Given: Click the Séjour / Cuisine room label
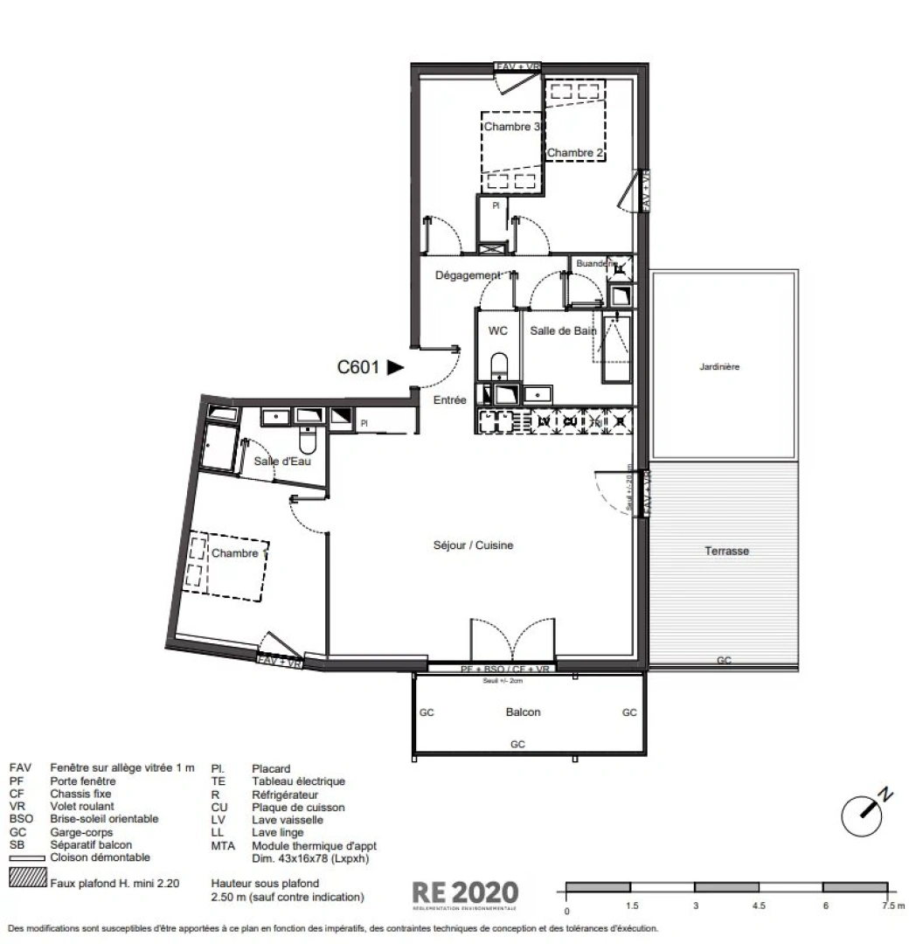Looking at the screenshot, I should click(473, 545).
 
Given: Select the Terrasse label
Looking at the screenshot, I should click(727, 552).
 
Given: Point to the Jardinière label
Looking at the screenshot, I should click(719, 367).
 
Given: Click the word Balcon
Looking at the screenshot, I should click(523, 712).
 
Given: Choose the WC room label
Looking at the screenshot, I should click(498, 330).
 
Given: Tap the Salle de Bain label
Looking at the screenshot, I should click(563, 330).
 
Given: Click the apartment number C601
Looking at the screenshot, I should click(358, 368).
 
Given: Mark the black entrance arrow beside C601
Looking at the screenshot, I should click(396, 368).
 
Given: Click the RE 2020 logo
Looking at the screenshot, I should click(465, 893).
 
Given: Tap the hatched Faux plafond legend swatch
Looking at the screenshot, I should click(27, 878).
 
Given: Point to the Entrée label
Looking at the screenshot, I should click(450, 400).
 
